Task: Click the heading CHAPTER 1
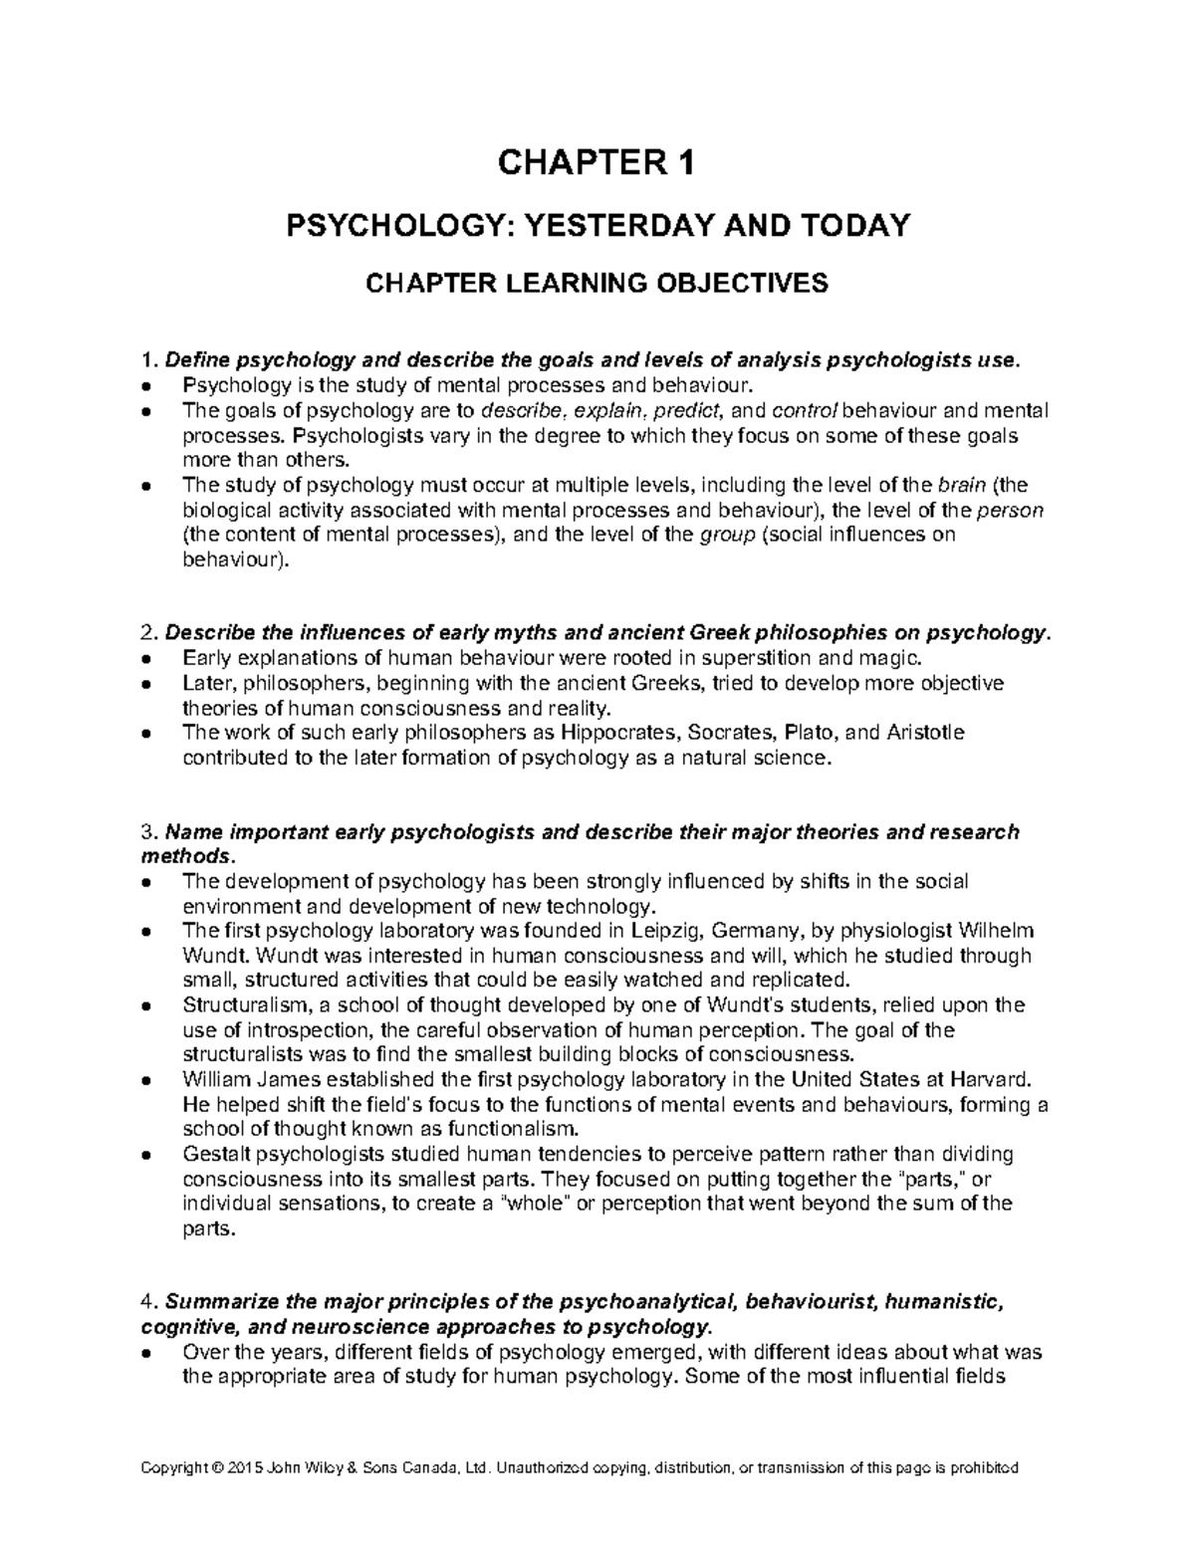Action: (597, 162)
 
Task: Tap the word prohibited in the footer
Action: (983, 1468)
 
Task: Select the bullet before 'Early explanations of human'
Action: (146, 659)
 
